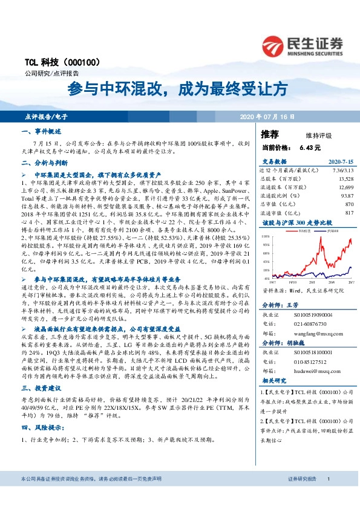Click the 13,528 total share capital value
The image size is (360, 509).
coord(346,179)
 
